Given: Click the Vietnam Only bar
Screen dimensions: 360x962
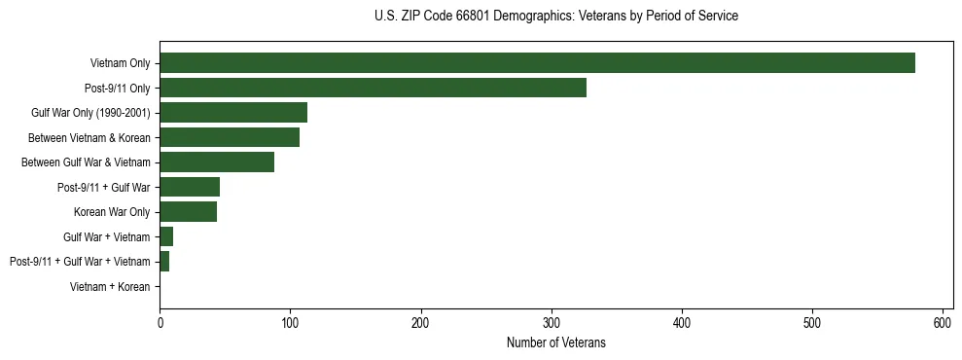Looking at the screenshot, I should [537, 62].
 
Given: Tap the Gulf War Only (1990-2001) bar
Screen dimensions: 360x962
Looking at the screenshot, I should [233, 112].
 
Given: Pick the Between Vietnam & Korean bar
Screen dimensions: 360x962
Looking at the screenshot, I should [230, 137].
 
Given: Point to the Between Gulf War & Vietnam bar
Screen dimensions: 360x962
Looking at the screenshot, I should [217, 162].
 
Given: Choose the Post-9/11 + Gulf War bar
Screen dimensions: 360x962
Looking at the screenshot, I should [190, 187].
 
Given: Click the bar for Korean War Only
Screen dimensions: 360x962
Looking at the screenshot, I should [189, 211].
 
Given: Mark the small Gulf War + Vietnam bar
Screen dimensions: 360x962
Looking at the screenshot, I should [166, 236].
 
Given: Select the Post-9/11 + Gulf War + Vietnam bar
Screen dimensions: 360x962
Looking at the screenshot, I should [164, 261].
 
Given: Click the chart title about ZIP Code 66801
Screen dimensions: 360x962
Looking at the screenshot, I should [555, 17].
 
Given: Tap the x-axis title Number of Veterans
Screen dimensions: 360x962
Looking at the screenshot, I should [555, 342].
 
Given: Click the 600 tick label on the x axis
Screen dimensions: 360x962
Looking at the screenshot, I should [943, 323].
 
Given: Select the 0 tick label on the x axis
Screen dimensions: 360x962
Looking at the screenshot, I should [160, 323].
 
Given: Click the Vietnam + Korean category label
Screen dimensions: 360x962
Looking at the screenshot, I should [110, 286].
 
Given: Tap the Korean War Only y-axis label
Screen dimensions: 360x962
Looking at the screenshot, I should [111, 211].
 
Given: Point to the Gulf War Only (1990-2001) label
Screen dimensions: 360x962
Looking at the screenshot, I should [90, 113].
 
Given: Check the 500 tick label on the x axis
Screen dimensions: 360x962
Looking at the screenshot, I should [812, 323].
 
